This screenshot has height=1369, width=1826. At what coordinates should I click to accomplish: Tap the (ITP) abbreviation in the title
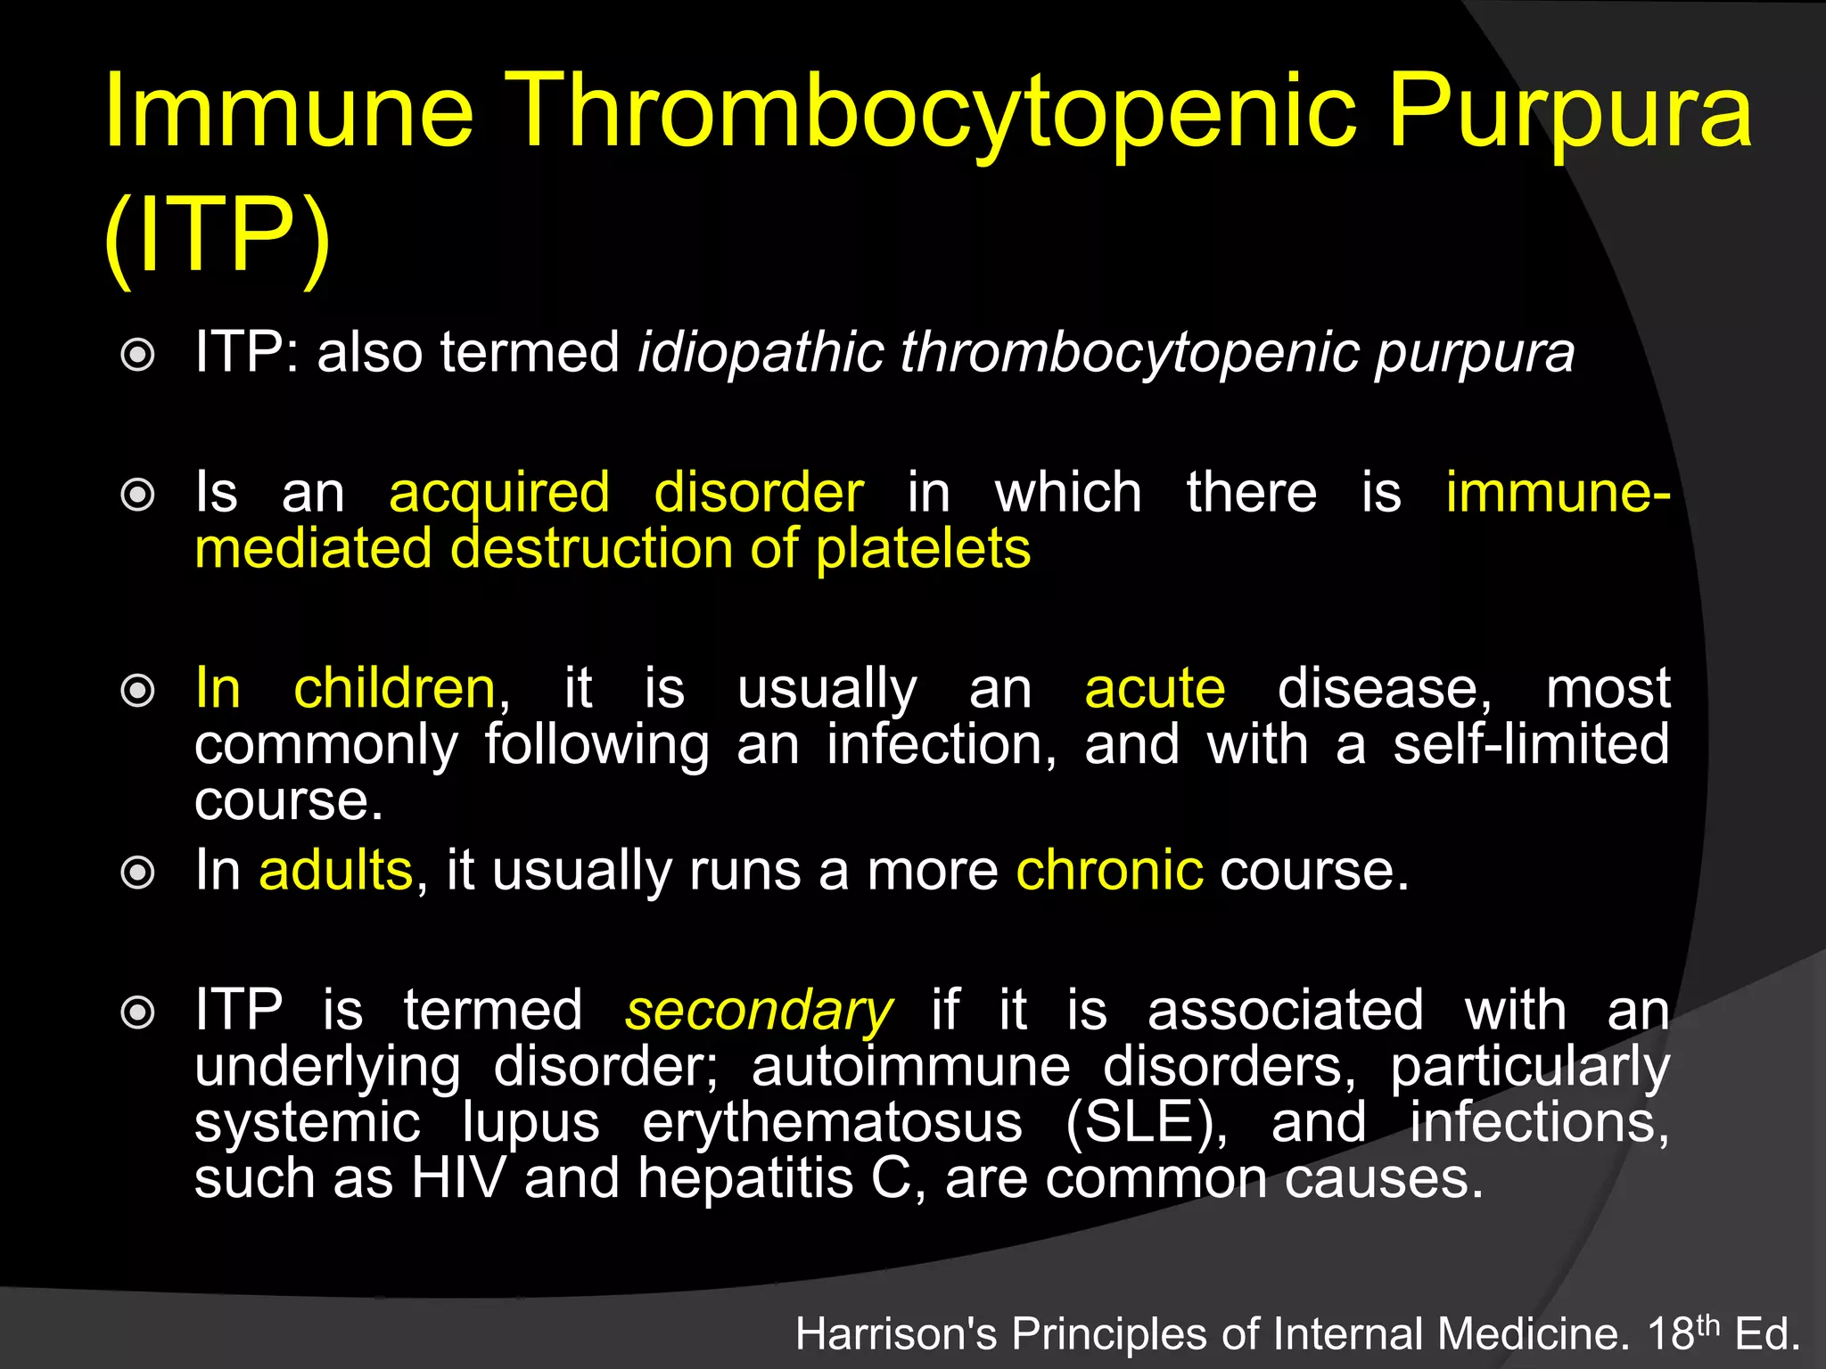tap(217, 236)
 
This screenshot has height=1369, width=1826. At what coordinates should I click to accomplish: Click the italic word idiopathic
tap(761, 352)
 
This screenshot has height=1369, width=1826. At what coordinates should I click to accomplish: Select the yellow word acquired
tap(499, 493)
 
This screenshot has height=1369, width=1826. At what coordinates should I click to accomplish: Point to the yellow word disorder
tap(759, 492)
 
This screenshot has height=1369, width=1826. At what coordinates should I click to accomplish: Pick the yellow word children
tap(394, 689)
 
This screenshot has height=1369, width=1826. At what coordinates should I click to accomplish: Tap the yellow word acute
tap(1155, 689)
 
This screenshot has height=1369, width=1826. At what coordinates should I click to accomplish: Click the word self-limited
tap(1531, 744)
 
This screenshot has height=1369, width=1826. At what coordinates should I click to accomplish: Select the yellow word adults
tap(335, 870)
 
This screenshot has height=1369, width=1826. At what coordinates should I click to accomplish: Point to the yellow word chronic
tap(1109, 870)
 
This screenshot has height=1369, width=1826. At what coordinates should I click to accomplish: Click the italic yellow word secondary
tap(759, 1011)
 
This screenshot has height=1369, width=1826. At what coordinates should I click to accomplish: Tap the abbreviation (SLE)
tap(1146, 1122)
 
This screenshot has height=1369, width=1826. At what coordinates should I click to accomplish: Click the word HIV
tap(458, 1178)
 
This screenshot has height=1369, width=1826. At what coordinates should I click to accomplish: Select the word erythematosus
tap(832, 1122)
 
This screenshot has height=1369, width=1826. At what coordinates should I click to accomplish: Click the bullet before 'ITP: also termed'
tap(137, 355)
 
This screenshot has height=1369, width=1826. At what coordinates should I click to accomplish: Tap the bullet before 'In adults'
tap(137, 873)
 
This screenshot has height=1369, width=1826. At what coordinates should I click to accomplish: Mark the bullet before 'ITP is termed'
tap(137, 1012)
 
